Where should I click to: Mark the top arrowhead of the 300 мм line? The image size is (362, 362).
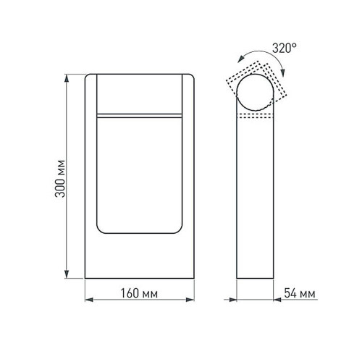68,75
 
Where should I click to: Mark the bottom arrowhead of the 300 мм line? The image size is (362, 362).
68,277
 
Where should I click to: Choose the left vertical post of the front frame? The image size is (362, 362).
91,174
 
